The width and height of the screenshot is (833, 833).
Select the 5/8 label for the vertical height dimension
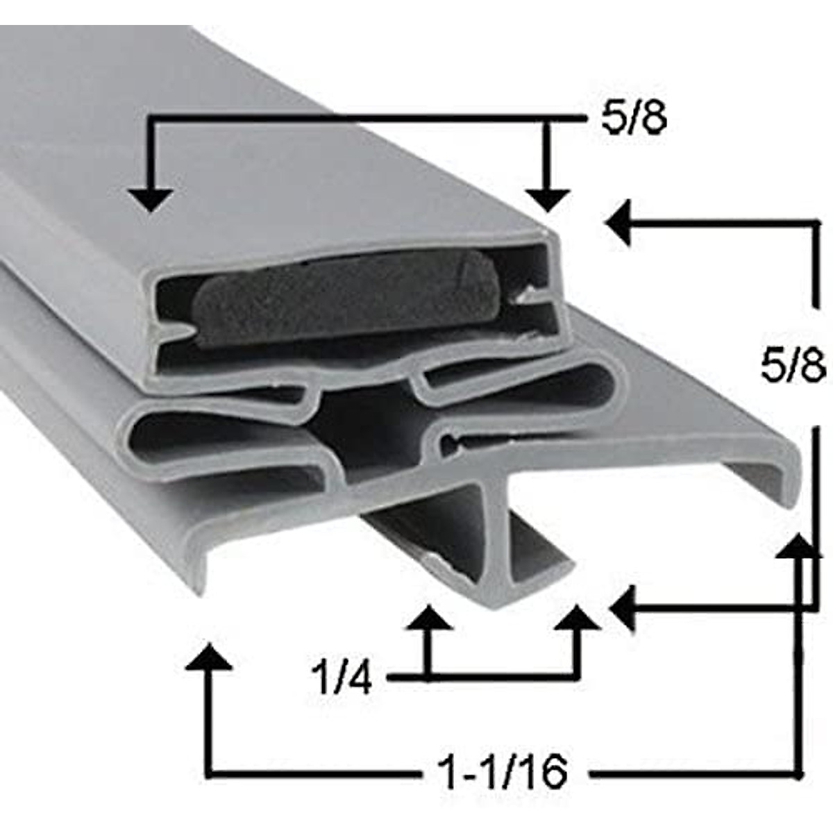tap(792, 367)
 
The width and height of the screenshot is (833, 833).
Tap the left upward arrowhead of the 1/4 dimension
tap(428, 618)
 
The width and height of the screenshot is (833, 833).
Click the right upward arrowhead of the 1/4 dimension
tap(577, 618)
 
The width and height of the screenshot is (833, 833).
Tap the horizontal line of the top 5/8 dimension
tap(347, 119)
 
